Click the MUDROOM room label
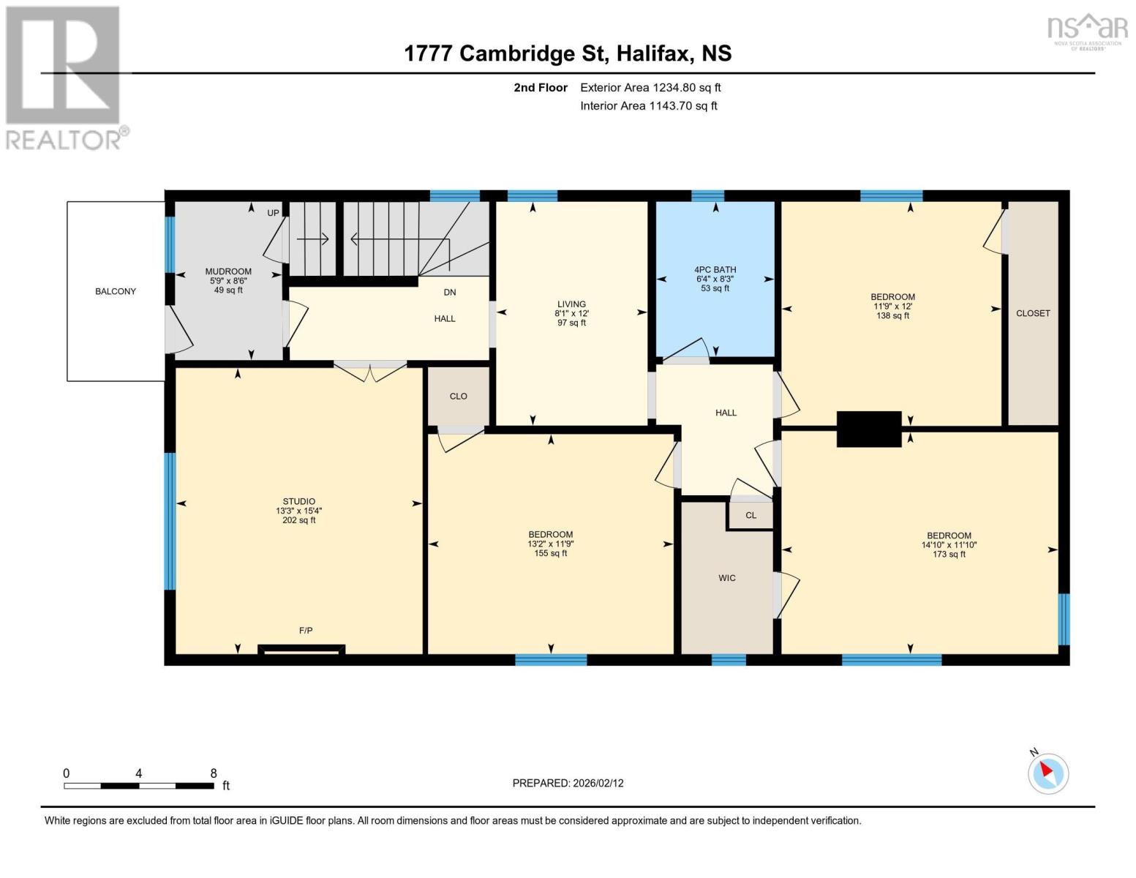click(228, 271)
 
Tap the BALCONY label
click(116, 291)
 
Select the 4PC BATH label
click(715, 270)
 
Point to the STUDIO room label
click(299, 501)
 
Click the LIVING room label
click(571, 304)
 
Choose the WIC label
click(726, 578)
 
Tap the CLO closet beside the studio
click(458, 397)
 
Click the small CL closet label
click(751, 515)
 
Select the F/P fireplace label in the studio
click(306, 631)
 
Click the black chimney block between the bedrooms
click(868, 429)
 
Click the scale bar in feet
click(139, 786)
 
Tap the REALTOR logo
click(64, 78)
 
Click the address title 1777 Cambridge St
click(568, 53)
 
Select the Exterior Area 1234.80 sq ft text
click(650, 88)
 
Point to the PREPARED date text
click(568, 783)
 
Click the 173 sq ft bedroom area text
click(949, 555)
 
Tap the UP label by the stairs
click(273, 213)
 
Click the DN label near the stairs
click(449, 292)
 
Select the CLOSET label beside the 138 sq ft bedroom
click(1032, 313)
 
